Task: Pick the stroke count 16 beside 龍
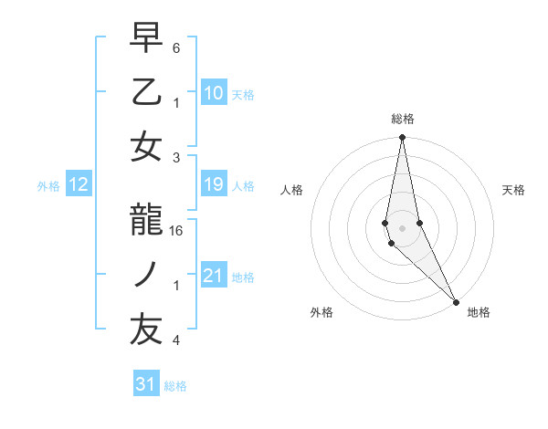tap(177, 232)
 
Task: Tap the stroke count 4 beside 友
tap(176, 340)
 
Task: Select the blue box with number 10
tap(213, 92)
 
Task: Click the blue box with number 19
tap(213, 185)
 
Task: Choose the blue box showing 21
tap(213, 276)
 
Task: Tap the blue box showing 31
tap(145, 384)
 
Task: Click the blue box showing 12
tap(78, 185)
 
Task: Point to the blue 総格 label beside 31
tap(175, 386)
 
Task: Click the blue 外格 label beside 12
tap(47, 186)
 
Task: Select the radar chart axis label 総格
tap(402, 119)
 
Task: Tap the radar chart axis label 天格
tap(514, 190)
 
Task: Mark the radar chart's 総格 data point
tap(402, 138)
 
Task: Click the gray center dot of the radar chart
tap(402, 227)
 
